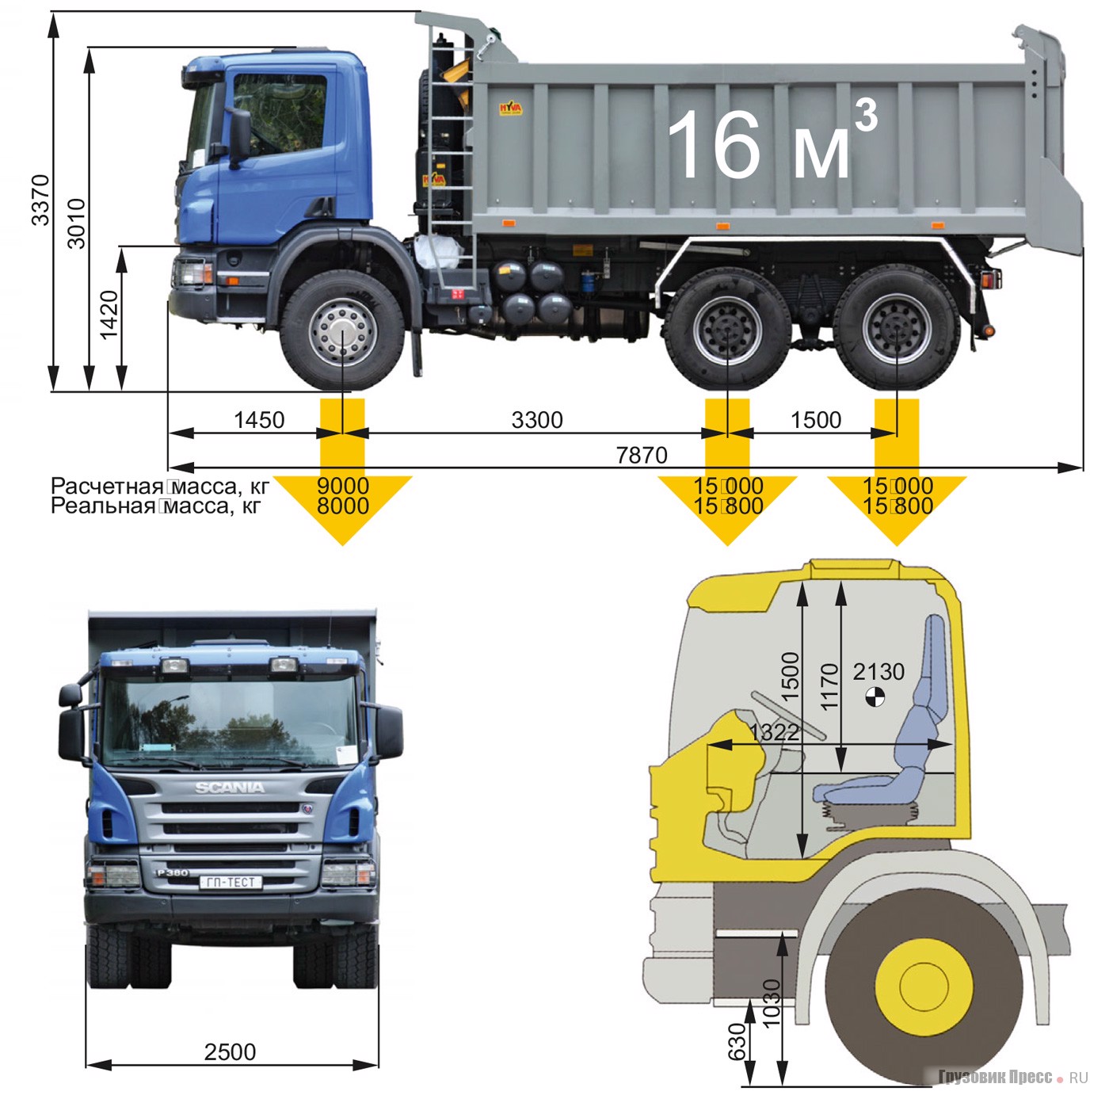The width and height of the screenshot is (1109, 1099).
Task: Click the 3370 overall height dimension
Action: coord(40,200)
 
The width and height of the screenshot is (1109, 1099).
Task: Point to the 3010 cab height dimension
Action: coord(76,223)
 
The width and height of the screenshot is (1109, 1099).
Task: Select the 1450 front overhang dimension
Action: coord(259,420)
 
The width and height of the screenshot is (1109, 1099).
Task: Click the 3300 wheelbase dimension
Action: coord(537,420)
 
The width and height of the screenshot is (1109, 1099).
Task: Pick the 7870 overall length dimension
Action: coord(642,456)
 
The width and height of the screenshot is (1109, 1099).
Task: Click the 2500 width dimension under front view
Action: coord(230,1051)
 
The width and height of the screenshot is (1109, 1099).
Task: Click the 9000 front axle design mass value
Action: coord(343,486)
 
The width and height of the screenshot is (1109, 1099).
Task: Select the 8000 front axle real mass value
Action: coord(343,506)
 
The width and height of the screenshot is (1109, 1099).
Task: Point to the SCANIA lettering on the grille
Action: coord(230,788)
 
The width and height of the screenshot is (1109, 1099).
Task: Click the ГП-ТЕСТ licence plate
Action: coord(231,882)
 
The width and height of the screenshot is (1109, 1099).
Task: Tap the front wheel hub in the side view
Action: coord(342,331)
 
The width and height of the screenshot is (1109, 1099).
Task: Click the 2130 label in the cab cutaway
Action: coord(878,672)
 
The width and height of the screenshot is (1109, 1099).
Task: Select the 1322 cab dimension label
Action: coord(774,732)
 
